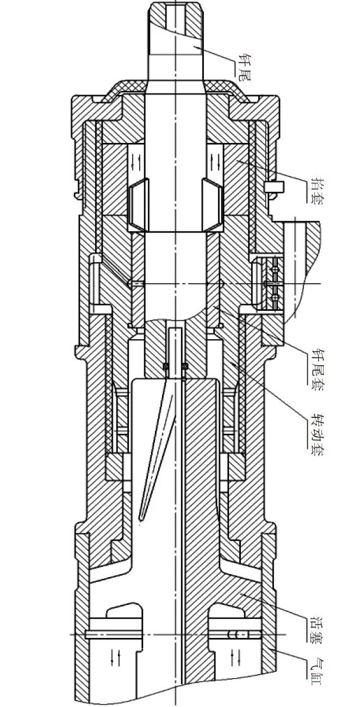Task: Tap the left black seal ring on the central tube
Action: pyautogui.click(x=165, y=366)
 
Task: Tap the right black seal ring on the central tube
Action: pyautogui.click(x=185, y=366)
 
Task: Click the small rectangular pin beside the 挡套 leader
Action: pyautogui.click(x=274, y=187)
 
